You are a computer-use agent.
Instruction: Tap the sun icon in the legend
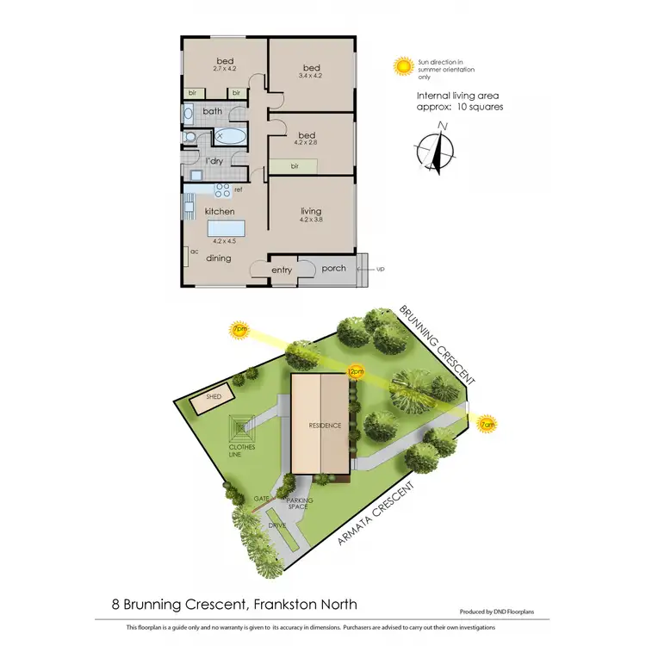pos(401,65)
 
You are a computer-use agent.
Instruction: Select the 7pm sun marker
pos(239,329)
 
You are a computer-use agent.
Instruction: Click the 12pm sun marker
pos(354,371)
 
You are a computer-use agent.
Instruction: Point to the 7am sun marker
pos(488,424)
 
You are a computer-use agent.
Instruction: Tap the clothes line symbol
pos(241,427)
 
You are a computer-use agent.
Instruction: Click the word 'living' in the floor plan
pos(311,211)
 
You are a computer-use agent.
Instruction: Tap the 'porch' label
pos(333,268)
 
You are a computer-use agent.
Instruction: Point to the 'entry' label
pos(282,270)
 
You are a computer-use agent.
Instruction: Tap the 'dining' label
pos(218,257)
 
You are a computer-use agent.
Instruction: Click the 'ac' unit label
pos(194,252)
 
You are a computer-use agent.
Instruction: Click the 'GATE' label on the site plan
pos(262,499)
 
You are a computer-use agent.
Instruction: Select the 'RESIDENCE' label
pos(325,425)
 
